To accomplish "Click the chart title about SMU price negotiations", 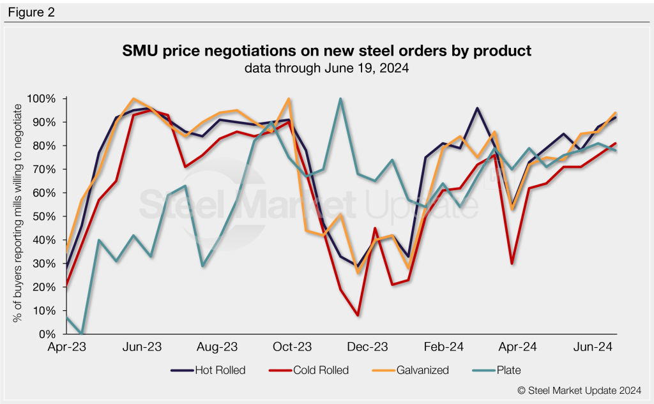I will [x=326, y=50].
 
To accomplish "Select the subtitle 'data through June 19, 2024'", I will [x=326, y=67].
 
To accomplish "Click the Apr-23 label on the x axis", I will [x=66, y=347].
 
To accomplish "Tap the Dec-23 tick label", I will [x=367, y=347].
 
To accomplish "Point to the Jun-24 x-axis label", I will [x=593, y=347].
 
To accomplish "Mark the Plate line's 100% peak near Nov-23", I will [x=340, y=99].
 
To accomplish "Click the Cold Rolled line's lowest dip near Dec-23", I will [x=358, y=315].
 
